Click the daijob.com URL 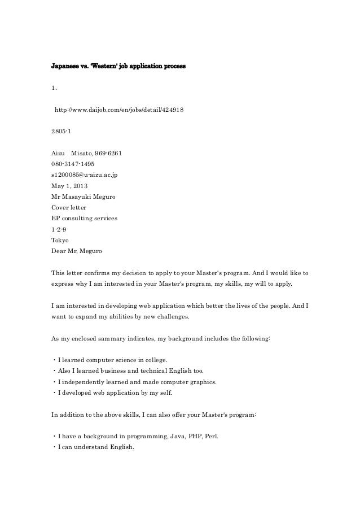(118, 110)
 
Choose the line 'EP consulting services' (84, 218)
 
